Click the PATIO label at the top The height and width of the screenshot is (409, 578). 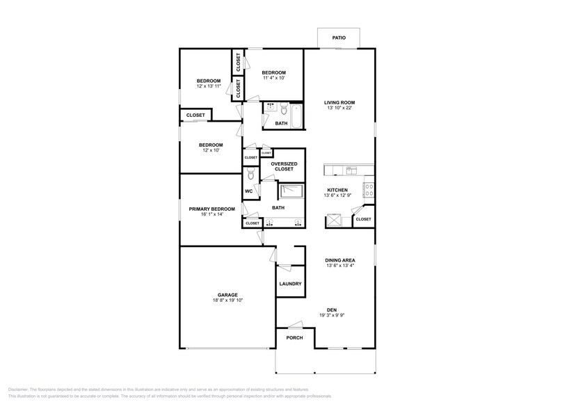[339, 38]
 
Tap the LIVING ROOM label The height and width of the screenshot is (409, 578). [339, 102]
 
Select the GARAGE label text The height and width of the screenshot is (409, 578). [227, 295]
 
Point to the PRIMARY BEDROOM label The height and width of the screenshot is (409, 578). [211, 209]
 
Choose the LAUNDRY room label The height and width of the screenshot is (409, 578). [290, 284]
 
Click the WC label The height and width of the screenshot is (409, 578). [248, 191]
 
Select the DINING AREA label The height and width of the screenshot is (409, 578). [340, 260]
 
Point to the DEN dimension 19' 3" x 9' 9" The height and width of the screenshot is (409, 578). [340, 316]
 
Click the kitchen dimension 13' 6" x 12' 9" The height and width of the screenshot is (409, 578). [337, 195]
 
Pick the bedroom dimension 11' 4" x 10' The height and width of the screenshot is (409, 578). [273, 78]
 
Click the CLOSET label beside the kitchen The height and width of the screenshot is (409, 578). [363, 219]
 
